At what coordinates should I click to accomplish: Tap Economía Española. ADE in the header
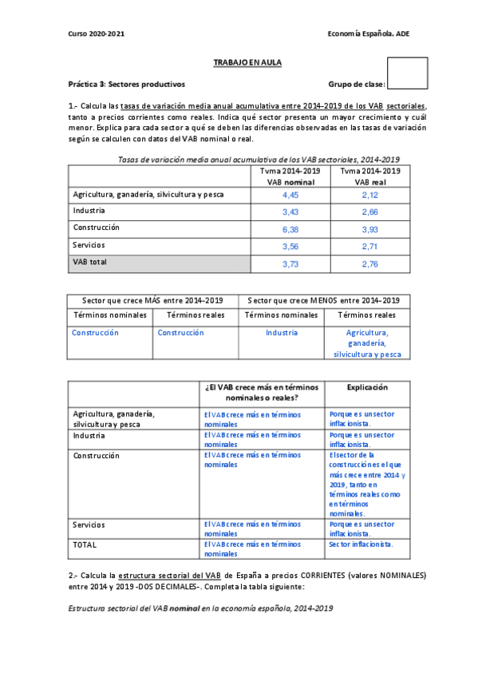368,34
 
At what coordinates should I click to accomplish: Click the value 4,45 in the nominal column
290,194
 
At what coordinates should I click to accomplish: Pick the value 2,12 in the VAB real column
369,194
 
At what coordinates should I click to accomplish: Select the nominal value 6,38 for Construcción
290,229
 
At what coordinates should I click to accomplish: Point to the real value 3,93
369,229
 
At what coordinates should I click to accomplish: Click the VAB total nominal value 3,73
290,263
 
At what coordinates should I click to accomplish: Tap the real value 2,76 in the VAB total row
369,263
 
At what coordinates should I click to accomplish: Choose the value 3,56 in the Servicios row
290,246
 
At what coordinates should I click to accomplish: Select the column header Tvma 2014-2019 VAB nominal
290,176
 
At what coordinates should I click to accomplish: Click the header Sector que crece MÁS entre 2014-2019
153,300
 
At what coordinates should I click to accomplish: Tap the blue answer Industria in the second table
282,332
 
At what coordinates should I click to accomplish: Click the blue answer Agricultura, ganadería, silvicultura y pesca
367,342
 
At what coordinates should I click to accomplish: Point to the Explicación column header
367,387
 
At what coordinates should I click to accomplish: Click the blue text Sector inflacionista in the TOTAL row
361,544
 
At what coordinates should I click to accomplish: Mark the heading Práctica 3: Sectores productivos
126,84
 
